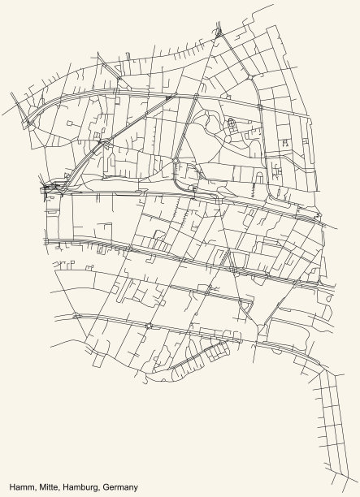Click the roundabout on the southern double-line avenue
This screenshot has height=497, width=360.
[x=149, y=326]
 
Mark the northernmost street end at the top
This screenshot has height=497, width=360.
[x=274, y=6]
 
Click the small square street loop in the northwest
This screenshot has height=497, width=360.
[x=72, y=123]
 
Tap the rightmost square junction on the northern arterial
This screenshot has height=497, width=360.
[x=259, y=106]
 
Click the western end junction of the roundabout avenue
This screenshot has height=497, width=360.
[x=76, y=315]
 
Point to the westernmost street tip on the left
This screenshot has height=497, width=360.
[x=11, y=103]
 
